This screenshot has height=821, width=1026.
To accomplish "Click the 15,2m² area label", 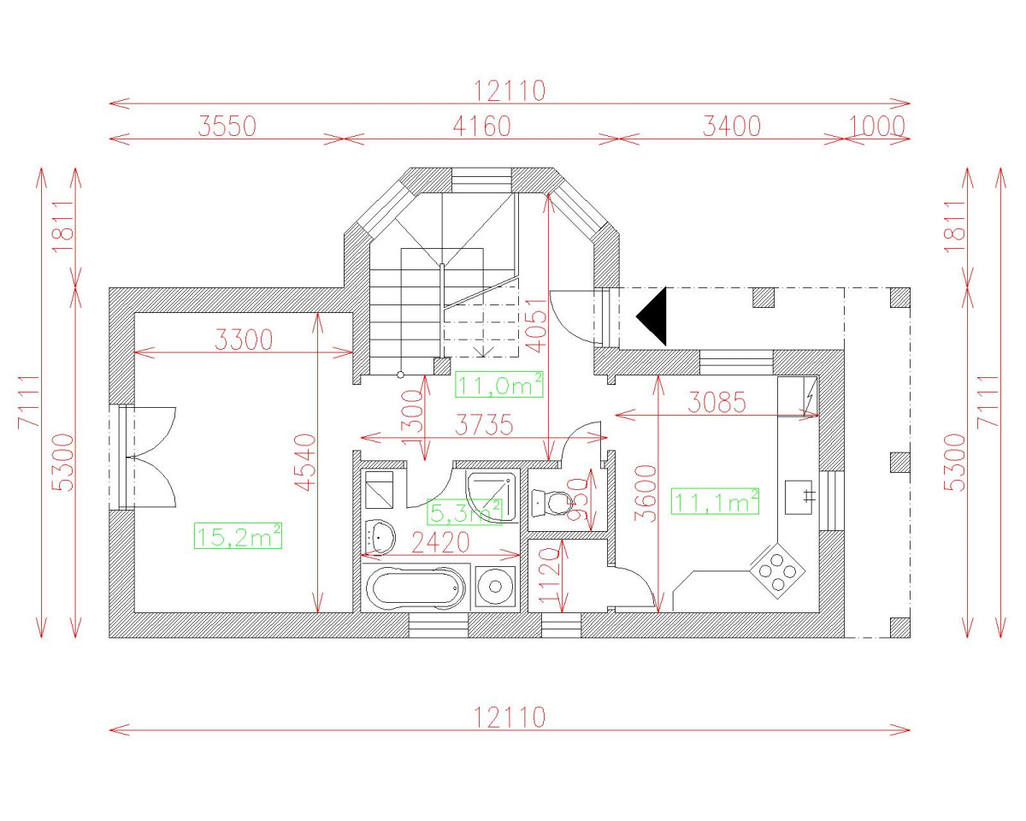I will tap(239, 536).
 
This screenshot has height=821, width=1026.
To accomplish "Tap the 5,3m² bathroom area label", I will tap(463, 512).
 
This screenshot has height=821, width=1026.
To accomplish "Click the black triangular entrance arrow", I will tap(652, 316).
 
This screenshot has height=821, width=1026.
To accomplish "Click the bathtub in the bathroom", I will tap(415, 588).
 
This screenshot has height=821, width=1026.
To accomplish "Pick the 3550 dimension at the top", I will tap(227, 127).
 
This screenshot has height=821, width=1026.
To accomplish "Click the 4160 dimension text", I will tap(481, 127).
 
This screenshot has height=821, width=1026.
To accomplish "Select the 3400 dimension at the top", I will tap(731, 127).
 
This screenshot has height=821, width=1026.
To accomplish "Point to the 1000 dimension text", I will tap(877, 127).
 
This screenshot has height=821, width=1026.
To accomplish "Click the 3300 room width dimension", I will tap(244, 340).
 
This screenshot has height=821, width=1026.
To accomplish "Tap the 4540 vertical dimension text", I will tap(305, 463).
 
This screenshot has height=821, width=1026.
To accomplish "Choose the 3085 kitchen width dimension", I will tap(716, 403).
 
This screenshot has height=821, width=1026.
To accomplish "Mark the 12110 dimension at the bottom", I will tap(510, 717).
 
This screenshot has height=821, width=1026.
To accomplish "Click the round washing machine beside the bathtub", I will tap(496, 587).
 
